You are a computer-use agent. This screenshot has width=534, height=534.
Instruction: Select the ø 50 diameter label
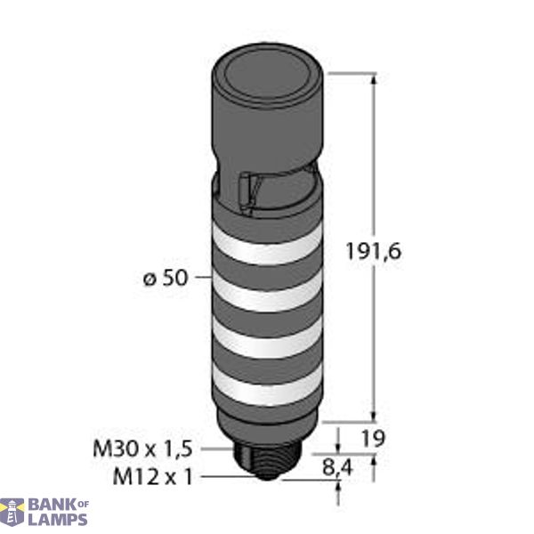pos(163,278)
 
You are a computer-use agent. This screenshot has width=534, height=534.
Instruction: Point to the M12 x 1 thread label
pos(150,475)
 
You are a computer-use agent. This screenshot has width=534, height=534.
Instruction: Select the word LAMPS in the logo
pos(58,520)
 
